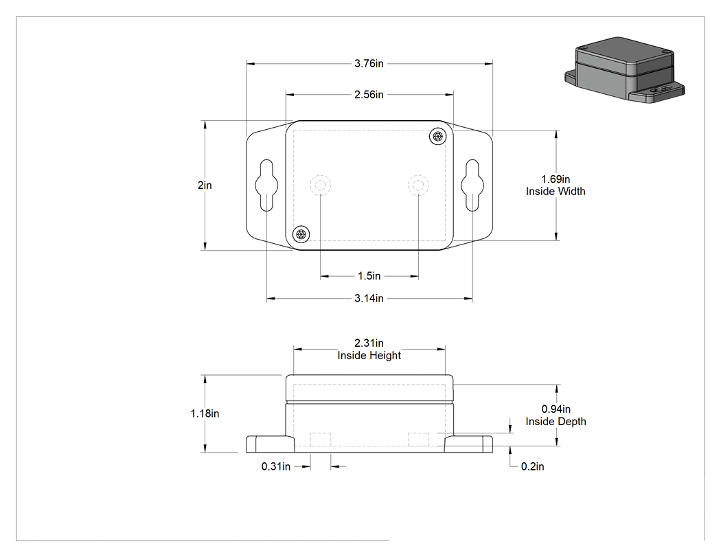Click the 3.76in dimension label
click(369, 63)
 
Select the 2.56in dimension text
click(369, 94)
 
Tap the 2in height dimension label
click(205, 185)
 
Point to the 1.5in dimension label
click(369, 276)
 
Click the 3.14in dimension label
click(369, 298)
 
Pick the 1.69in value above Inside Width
click(556, 179)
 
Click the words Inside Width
click(556, 192)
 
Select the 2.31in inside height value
click(369, 343)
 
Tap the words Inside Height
click(369, 355)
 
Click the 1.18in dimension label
click(205, 413)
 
